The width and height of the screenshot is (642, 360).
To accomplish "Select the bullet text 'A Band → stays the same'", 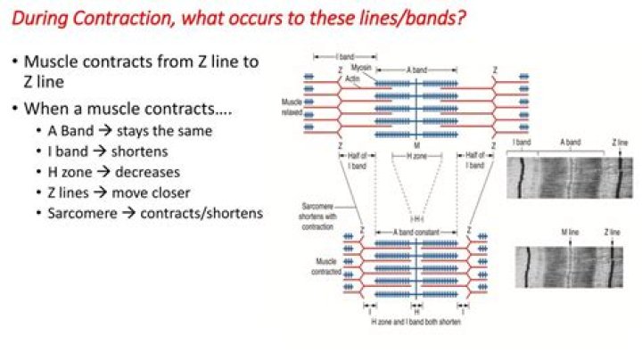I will [x=130, y=131].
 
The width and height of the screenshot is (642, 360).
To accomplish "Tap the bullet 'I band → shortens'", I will [x=108, y=151].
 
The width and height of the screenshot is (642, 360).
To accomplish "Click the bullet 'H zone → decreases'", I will [x=113, y=172].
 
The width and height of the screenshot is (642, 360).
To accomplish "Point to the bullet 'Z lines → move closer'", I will [x=119, y=192].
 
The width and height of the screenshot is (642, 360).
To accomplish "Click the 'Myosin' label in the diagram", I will [x=360, y=68].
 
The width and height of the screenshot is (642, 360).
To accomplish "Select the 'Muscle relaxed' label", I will [x=291, y=108].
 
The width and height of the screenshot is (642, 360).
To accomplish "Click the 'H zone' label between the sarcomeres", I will [x=416, y=155].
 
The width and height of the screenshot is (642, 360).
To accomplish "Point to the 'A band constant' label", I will [x=416, y=231].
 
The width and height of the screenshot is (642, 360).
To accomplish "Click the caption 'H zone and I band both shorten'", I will [x=416, y=321].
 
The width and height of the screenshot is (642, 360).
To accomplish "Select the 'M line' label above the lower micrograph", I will [x=570, y=233].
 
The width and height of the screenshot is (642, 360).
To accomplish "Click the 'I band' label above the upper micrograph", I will [x=523, y=143].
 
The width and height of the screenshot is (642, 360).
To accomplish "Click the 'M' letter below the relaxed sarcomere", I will [x=416, y=145].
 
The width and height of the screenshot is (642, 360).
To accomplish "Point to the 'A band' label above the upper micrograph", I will [x=571, y=143].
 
